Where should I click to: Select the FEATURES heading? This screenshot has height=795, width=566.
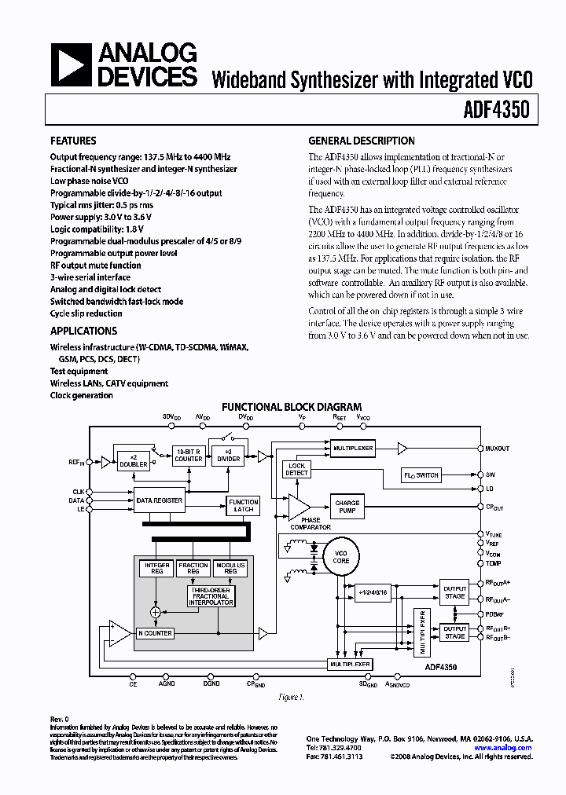pos(73,141)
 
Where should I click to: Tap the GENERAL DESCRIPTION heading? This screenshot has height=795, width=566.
pos(361,141)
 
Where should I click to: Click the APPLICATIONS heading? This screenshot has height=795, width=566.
pos(83,331)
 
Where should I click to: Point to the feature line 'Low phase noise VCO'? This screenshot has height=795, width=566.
pos(90,181)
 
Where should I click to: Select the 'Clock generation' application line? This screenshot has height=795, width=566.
pos(82,395)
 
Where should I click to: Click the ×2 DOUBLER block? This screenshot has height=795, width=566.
pos(133,460)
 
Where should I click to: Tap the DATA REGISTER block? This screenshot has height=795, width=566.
pos(159,500)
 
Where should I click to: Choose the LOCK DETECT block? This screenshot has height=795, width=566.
pos(296,470)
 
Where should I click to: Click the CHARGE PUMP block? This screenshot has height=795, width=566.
pos(347,507)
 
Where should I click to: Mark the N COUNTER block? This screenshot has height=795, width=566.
pos(155,632)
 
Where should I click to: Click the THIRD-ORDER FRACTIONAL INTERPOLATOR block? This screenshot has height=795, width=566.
pos(210,596)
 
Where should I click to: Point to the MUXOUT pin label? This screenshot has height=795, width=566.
pos(497,449)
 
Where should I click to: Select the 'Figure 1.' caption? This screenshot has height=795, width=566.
pos(292,697)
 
